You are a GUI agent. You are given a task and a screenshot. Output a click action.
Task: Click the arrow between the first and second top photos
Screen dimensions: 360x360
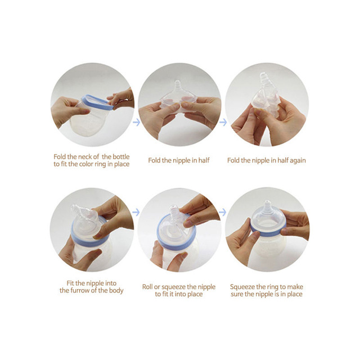tap(136, 120)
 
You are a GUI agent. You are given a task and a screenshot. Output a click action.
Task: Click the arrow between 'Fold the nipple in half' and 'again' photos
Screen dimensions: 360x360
tap(223, 121)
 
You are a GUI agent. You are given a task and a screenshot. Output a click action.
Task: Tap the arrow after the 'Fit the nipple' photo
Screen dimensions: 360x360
tap(136, 212)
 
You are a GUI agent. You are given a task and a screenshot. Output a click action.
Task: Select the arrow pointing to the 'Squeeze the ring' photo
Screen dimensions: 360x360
tap(223, 212)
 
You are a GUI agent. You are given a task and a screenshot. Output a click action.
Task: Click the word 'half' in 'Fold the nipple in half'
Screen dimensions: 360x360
tap(202, 160)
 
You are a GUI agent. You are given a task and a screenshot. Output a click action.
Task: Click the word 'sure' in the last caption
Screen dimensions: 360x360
tap(241, 294)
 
